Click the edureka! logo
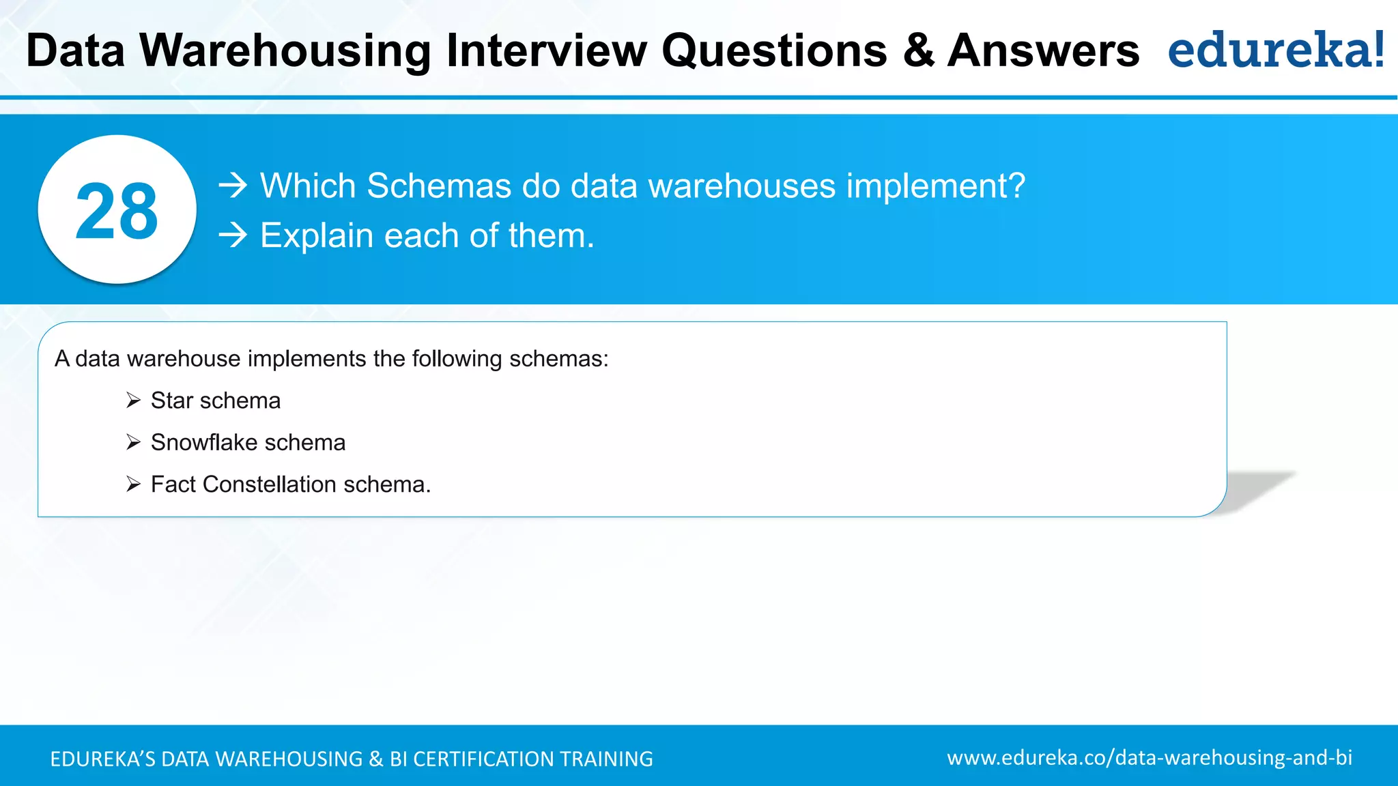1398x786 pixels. pos(1275,50)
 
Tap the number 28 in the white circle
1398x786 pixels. pos(117,211)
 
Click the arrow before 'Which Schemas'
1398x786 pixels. pos(233,186)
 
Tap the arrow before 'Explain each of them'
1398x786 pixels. pos(233,235)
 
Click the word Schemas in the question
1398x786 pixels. pos(439,186)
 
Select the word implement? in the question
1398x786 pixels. pos(936,186)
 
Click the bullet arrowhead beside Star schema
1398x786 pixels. pos(133,401)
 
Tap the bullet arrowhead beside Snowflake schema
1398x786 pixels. pos(133,442)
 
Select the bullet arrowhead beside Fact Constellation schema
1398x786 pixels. pos(133,484)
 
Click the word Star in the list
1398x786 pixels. pos(172,401)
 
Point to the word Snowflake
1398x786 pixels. pos(203,442)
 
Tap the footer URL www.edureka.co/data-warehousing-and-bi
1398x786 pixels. pos(1150,758)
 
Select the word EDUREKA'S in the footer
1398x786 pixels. pos(103,759)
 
